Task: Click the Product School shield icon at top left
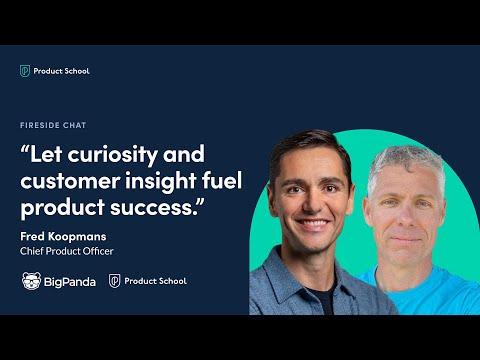point(25,71)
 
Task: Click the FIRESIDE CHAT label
point(53,125)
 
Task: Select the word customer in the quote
point(70,181)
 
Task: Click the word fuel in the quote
point(222,180)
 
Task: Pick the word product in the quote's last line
point(63,208)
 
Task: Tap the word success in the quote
point(152,208)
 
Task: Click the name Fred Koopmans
point(63,236)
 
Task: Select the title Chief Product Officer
point(67,251)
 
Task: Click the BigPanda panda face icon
point(32,281)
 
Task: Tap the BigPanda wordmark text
point(70,282)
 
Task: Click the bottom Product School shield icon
point(114,281)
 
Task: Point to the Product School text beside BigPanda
point(155,281)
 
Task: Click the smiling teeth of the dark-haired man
point(313,223)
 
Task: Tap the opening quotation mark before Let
point(25,149)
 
